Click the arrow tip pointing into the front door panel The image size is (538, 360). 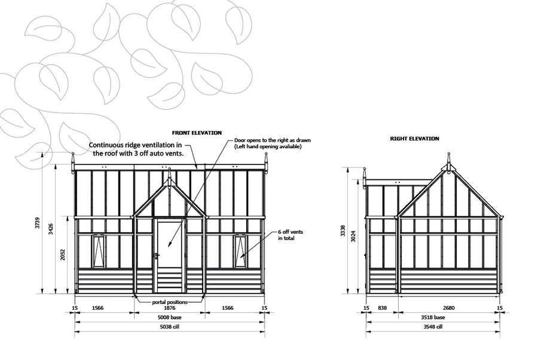(169, 247)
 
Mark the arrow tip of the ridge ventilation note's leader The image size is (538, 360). (197, 168)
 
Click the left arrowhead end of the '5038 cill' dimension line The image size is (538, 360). (75, 332)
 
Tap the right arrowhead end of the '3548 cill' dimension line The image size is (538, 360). (500, 332)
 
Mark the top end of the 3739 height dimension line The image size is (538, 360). (42, 152)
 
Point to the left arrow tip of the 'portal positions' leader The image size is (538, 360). (135, 295)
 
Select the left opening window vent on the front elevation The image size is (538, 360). (98, 251)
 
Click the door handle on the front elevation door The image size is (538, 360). (157, 256)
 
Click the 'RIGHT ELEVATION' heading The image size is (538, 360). (414, 139)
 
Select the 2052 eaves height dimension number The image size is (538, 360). (63, 255)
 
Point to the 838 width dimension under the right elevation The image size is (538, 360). (382, 308)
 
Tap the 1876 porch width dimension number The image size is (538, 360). (170, 308)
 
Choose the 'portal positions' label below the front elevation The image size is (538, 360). (170, 303)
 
